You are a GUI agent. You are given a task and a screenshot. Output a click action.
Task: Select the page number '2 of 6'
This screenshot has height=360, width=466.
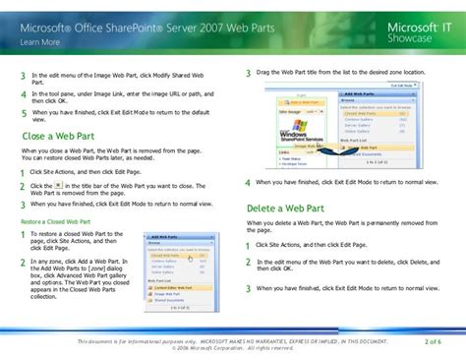pos(433,340)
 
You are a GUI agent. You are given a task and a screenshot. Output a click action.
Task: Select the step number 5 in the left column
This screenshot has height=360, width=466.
pos(23,113)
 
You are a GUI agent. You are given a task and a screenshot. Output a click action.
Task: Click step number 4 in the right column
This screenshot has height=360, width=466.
pos(248,183)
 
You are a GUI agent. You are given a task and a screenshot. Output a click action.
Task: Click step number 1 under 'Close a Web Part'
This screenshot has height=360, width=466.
pos(23,171)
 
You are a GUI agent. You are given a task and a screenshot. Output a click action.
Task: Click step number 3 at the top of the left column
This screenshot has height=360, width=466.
pos(23,77)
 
